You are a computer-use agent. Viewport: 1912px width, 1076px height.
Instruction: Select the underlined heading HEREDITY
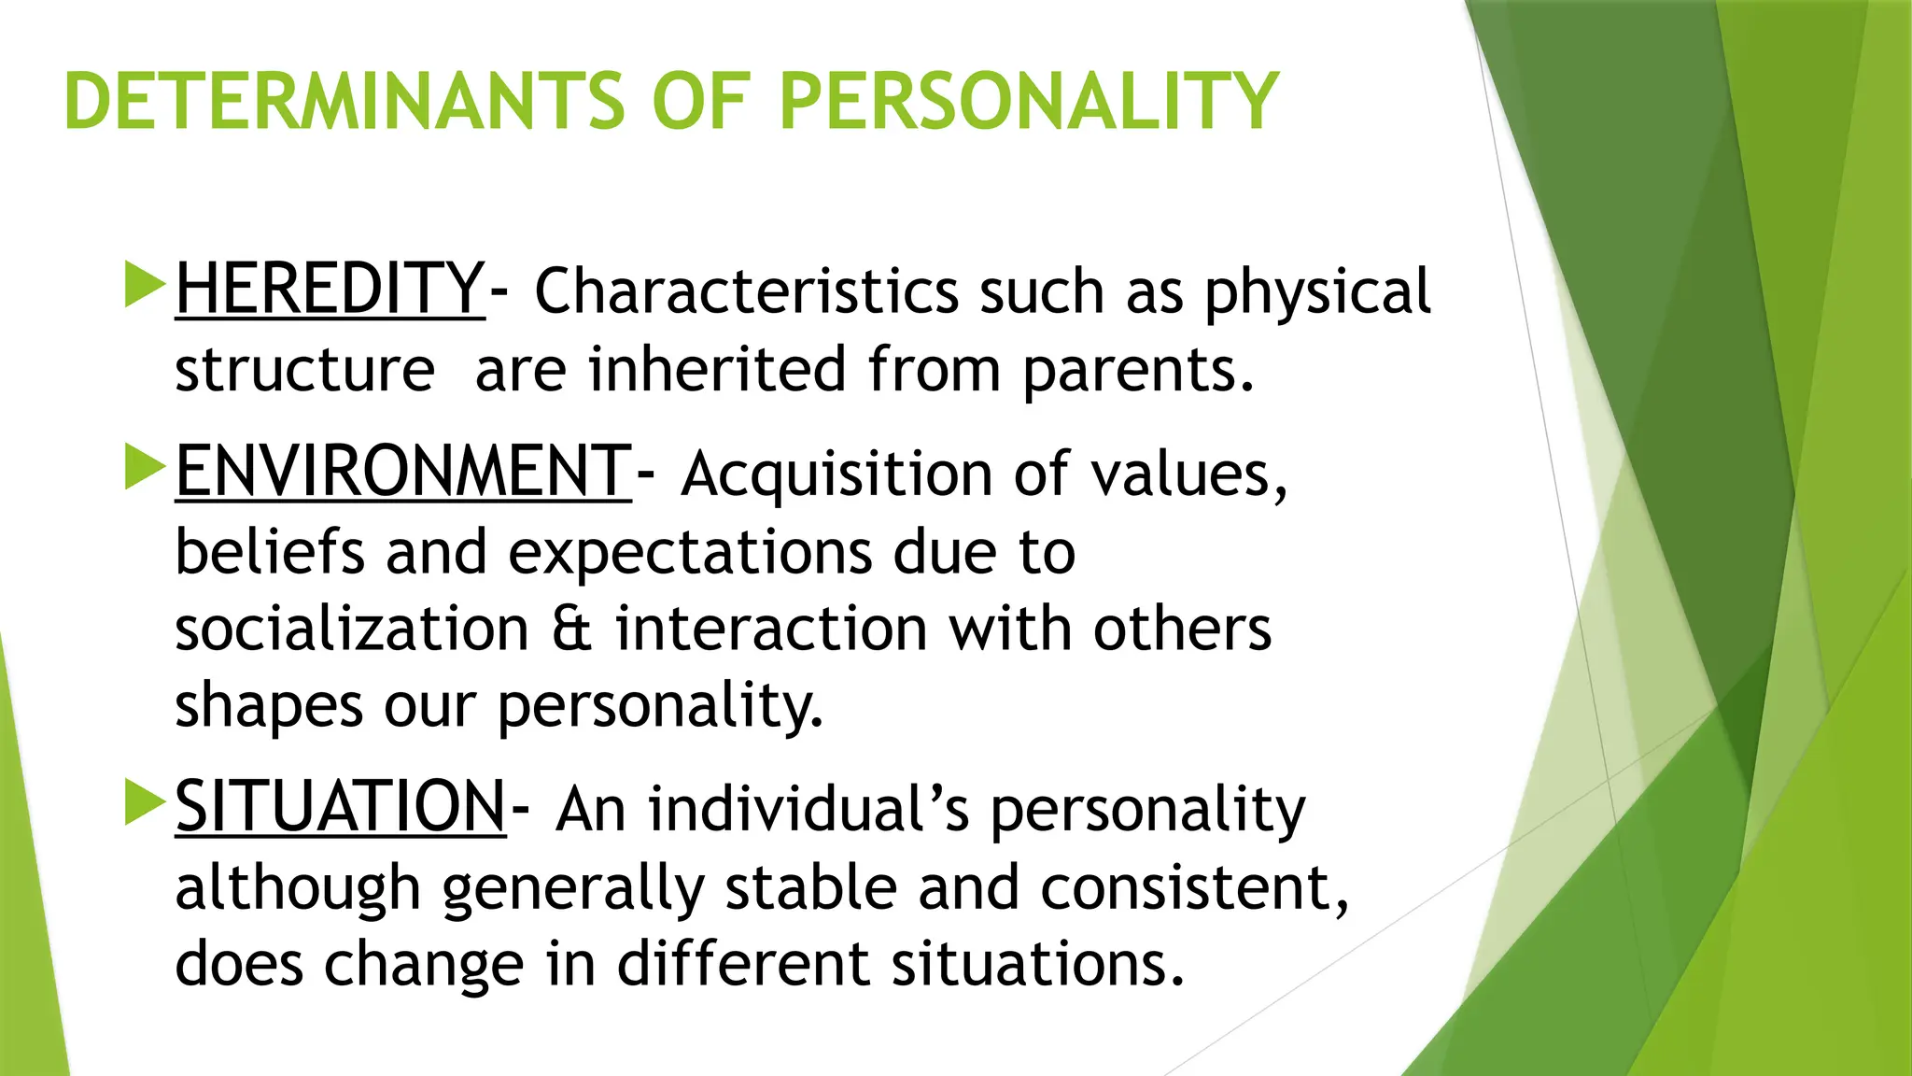point(330,289)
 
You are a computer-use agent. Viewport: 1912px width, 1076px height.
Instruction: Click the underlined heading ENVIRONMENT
point(403,472)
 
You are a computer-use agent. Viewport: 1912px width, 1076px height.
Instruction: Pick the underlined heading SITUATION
point(341,807)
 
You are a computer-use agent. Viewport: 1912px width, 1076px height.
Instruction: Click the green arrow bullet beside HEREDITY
point(144,285)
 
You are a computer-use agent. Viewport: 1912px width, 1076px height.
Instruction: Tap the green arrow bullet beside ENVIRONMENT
point(144,467)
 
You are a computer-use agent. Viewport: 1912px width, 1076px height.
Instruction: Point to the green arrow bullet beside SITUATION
point(144,802)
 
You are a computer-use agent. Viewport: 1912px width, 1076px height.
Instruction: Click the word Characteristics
point(746,291)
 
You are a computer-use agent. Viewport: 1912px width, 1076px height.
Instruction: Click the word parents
point(1137,371)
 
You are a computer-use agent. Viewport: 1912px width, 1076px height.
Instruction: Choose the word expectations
point(690,553)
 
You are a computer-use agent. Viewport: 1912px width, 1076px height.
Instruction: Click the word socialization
point(352,629)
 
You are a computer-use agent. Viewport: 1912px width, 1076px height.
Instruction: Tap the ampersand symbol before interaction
point(571,629)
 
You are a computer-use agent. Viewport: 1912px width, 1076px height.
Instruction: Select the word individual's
point(808,809)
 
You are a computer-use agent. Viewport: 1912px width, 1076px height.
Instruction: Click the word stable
point(810,887)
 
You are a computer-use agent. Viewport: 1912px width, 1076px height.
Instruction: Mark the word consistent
point(1194,887)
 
